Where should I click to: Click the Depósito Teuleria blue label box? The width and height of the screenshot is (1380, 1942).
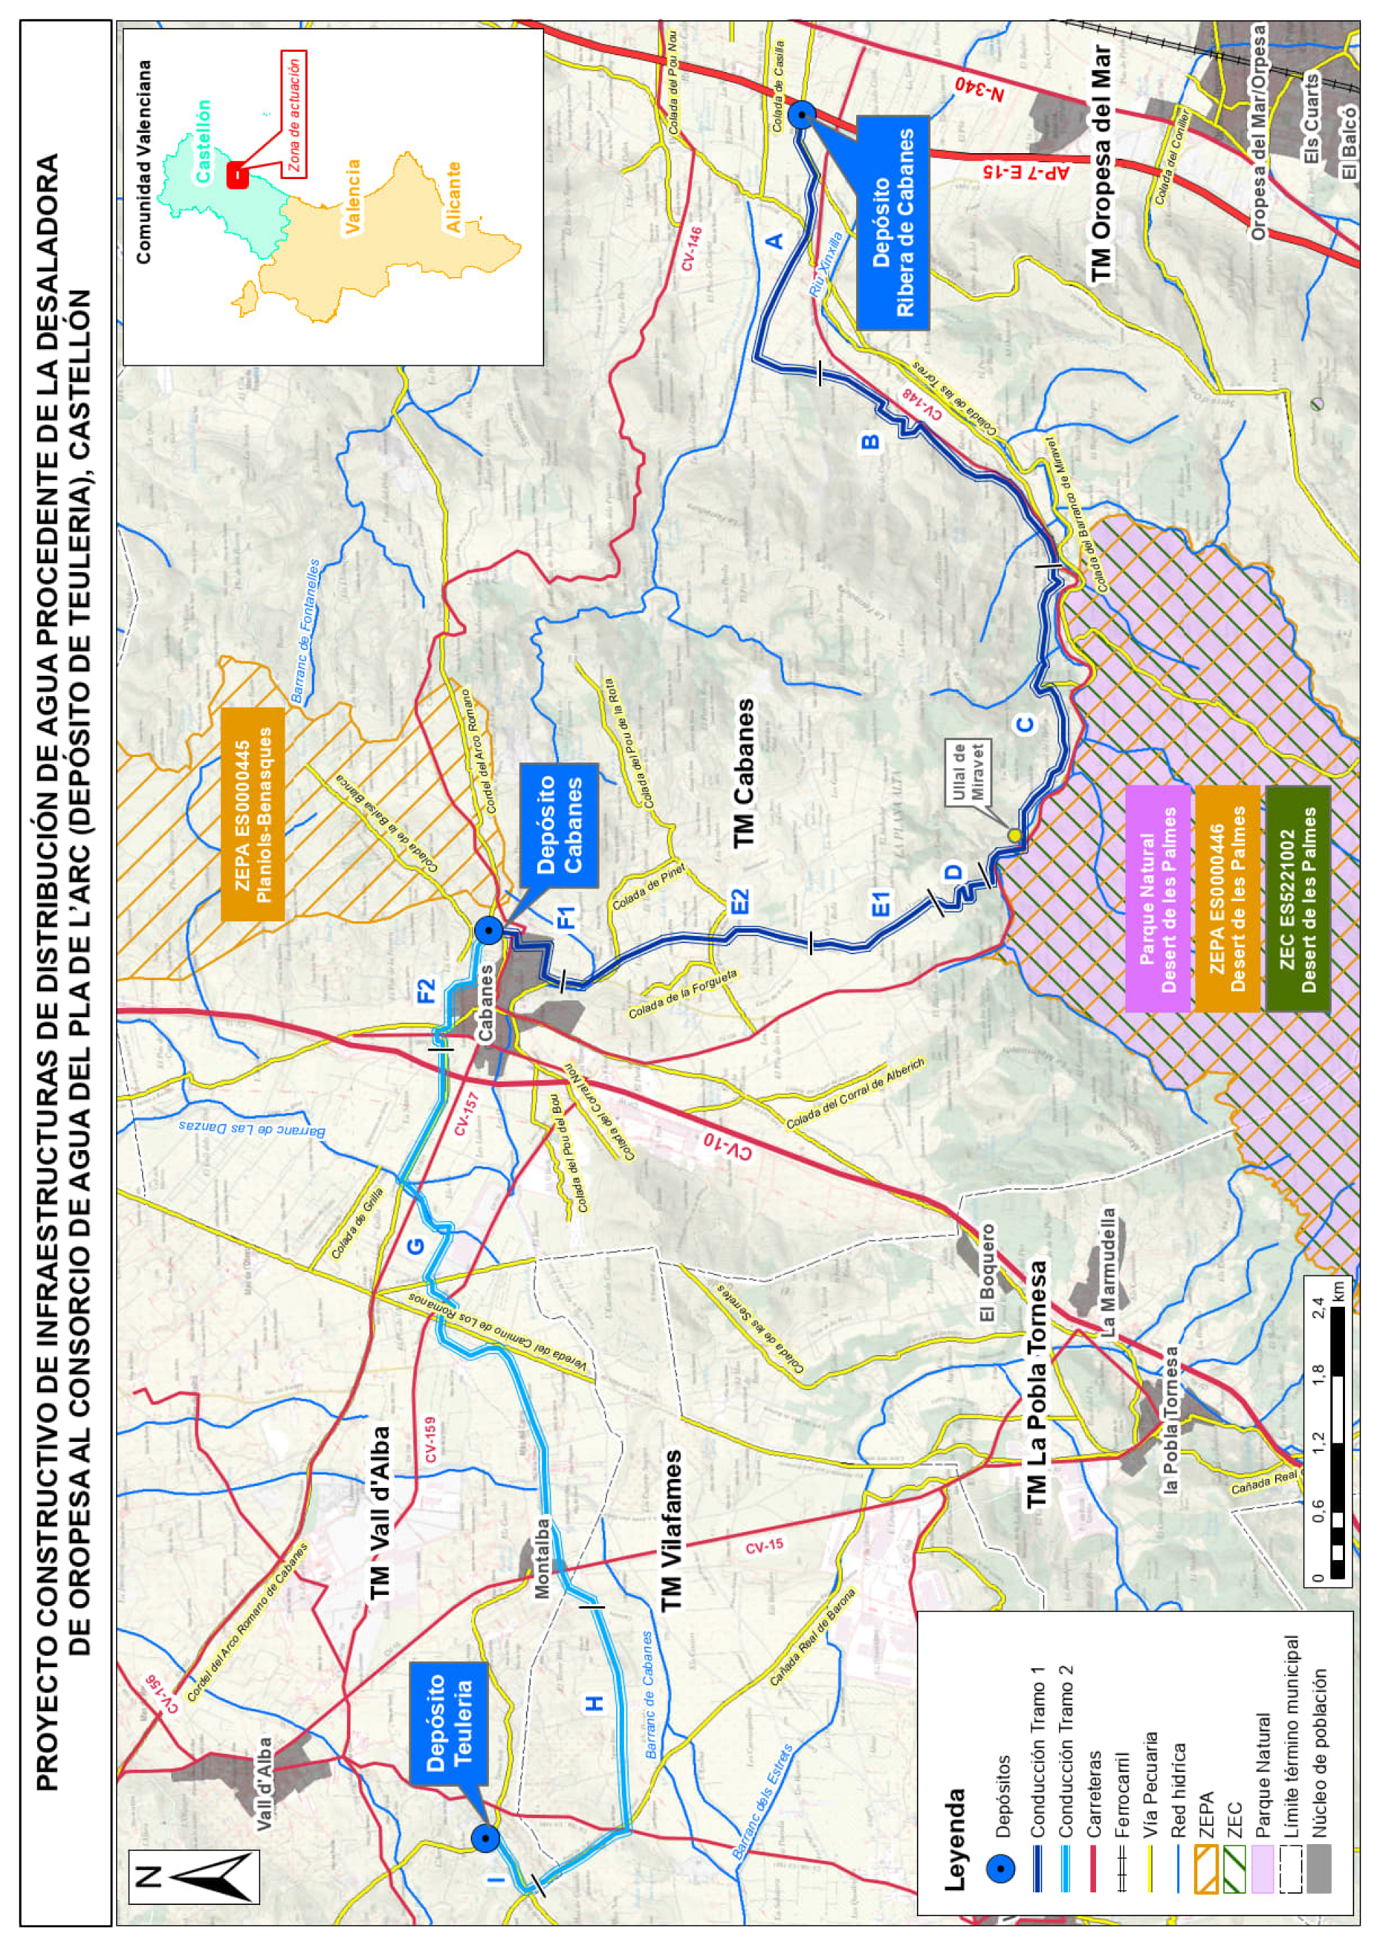(x=447, y=1723)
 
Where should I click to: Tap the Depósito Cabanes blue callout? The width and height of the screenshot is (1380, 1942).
(x=559, y=823)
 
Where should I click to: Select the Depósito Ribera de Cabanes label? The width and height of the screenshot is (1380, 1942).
(x=892, y=222)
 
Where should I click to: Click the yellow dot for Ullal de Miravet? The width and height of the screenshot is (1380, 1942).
(x=1013, y=835)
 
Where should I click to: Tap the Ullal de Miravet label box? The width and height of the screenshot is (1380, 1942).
(x=968, y=772)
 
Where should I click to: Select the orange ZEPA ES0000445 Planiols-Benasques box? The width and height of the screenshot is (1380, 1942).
(x=253, y=814)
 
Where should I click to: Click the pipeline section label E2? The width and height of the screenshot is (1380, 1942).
(x=741, y=901)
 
